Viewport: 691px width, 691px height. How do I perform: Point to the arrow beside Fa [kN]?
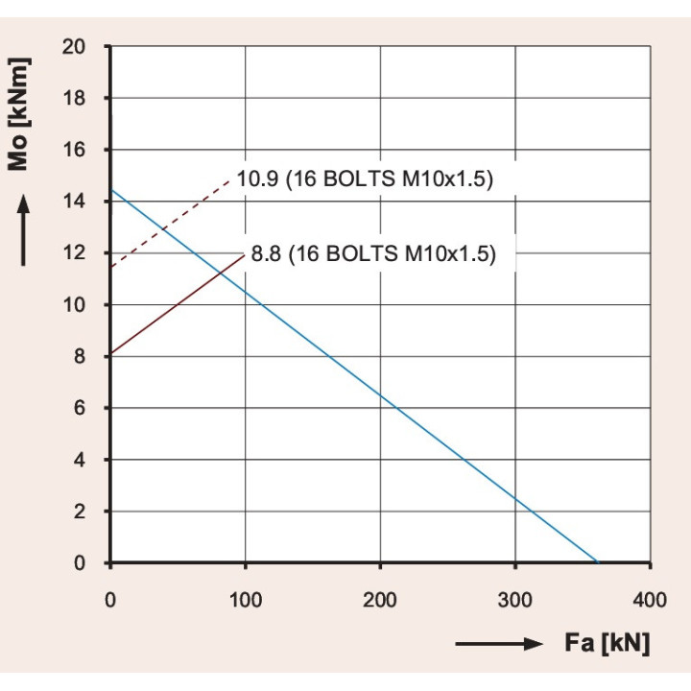[x=498, y=644]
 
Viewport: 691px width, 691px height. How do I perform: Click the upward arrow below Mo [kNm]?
[x=23, y=230]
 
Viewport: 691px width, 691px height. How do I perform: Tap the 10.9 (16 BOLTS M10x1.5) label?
[x=364, y=180]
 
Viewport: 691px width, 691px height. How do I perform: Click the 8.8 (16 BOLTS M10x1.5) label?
[x=373, y=255]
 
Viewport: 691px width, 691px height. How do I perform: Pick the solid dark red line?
[x=178, y=304]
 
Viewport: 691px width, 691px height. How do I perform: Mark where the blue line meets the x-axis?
[x=597, y=563]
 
